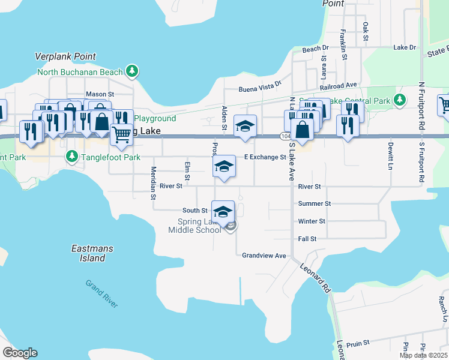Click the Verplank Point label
[x=65, y=56]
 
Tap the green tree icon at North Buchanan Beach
[x=132, y=72]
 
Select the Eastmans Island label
[x=88, y=253]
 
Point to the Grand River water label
[x=101, y=293]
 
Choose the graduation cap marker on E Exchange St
[x=224, y=167]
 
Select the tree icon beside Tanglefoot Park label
[x=71, y=157]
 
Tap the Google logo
[x=20, y=353]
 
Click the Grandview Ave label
[x=264, y=256]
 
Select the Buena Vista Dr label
[x=260, y=88]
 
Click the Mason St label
[x=100, y=94]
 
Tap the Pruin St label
[x=358, y=344]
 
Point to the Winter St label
[x=312, y=221]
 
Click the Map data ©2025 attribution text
[x=423, y=355]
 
